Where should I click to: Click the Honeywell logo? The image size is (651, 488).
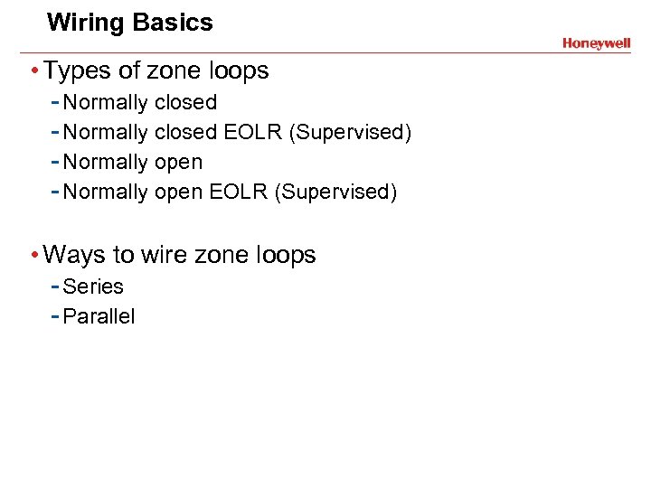(596, 43)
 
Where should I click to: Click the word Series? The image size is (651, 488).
(93, 286)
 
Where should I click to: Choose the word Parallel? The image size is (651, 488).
(99, 316)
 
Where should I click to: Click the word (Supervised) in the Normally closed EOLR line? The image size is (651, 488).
(350, 133)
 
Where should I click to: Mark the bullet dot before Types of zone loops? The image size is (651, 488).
(33, 71)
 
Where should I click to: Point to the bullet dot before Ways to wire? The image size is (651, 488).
(33, 256)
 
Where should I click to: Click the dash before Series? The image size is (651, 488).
(55, 286)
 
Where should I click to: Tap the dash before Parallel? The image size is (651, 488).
(55, 316)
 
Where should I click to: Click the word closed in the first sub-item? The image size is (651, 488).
(186, 103)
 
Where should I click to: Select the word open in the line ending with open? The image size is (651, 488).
(179, 163)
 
